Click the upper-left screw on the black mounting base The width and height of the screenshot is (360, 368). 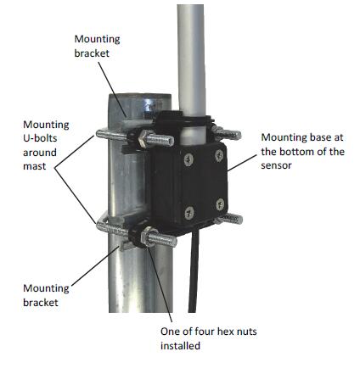click(188, 159)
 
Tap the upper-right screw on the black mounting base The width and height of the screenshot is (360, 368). click(219, 155)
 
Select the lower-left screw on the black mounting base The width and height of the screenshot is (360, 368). click(189, 213)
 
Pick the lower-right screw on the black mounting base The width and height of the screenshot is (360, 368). click(220, 204)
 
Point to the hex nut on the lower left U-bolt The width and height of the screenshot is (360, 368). click(147, 237)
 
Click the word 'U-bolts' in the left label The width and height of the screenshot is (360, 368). click(40, 138)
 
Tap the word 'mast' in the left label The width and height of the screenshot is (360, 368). click(34, 166)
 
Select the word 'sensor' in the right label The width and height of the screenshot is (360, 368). click(276, 165)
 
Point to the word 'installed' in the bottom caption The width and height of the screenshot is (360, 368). click(180, 345)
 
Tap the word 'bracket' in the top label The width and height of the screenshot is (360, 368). click(92, 53)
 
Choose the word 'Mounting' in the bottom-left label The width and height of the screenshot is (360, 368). click(46, 288)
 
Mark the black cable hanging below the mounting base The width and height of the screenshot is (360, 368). click(194, 270)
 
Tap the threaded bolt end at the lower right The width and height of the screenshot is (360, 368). click(230, 219)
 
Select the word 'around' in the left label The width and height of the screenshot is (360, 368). click(40, 153)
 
